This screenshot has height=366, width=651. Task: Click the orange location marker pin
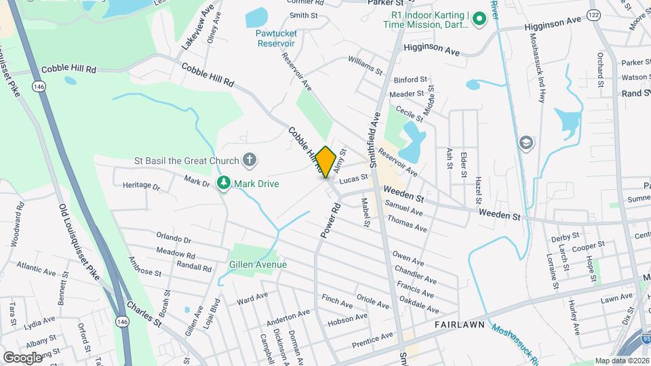click(326, 161)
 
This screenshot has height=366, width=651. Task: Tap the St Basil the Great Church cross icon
click(250, 161)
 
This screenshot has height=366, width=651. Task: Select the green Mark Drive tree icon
click(223, 183)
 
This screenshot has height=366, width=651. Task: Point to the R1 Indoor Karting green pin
click(479, 18)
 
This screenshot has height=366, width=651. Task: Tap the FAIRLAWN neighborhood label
click(460, 325)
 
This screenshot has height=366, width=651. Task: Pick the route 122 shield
click(594, 14)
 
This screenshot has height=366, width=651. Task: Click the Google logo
click(23, 357)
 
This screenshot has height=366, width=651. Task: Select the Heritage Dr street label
click(141, 186)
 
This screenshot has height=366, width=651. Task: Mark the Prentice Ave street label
click(372, 337)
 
